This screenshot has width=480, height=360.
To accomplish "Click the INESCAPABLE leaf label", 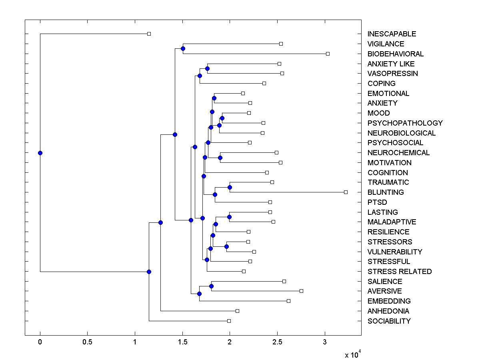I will coord(392,34).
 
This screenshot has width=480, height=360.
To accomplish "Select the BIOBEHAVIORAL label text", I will coord(395,54).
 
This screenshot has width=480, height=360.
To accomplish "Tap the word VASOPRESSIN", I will coord(392,74).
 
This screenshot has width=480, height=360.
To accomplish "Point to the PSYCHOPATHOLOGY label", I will coord(405,123).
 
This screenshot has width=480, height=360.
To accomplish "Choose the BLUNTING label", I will coord(386,192).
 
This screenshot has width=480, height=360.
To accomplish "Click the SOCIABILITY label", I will coord(389,321).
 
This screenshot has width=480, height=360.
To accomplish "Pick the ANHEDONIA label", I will coord(388,311).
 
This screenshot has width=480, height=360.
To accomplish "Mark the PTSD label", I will coord(377,202).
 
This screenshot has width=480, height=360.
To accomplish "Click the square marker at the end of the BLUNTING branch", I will coord(346,192).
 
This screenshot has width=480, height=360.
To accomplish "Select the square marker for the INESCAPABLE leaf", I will coord(149,34).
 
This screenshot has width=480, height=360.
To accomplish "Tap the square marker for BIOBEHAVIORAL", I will coord(328,54).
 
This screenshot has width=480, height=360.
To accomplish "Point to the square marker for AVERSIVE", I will coord(301,291).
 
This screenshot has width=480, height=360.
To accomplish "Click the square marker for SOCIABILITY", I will coord(229,321).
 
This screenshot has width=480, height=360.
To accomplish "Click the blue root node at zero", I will coord(40,153).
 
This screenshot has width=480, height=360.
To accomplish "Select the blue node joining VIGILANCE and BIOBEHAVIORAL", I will coord(183,49).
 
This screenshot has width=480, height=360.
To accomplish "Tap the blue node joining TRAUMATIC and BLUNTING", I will coord(230,187).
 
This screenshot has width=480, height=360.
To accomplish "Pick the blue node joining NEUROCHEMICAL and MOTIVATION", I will coord(220,158).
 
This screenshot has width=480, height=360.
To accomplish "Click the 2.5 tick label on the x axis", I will coord(277,342).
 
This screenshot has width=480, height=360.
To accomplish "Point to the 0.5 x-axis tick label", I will coord(87,342).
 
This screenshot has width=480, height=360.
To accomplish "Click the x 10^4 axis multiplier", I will coord(353,354).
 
